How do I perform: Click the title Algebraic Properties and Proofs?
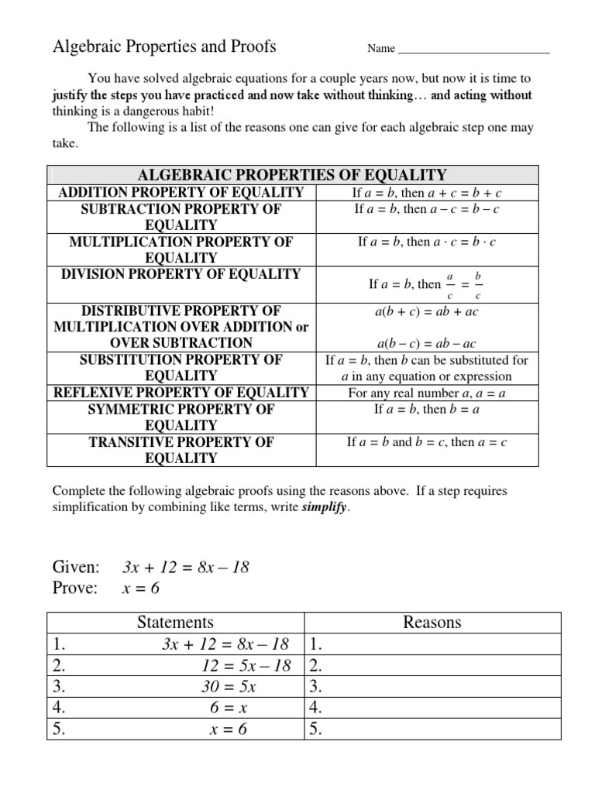(163, 47)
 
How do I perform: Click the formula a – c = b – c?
(461, 209)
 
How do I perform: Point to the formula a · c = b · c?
(461, 242)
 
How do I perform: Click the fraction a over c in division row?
(450, 284)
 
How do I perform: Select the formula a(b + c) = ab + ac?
(427, 311)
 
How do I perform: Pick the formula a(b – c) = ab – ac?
(427, 344)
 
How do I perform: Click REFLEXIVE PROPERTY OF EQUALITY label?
(181, 393)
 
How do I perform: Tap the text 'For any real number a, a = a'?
(427, 393)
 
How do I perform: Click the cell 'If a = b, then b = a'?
(427, 409)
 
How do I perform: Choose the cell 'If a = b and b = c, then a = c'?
(427, 442)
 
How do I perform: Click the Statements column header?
(175, 622)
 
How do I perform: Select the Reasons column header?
(432, 622)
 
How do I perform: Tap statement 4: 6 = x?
(239, 707)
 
